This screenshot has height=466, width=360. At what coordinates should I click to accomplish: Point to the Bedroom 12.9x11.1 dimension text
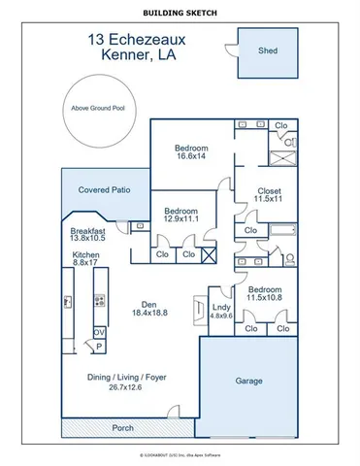[x=180, y=219]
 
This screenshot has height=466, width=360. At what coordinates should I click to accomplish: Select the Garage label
[x=248, y=381]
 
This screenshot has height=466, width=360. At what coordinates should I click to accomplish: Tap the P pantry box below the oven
[x=99, y=347]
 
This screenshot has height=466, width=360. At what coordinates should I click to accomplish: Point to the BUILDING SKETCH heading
[x=180, y=12]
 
